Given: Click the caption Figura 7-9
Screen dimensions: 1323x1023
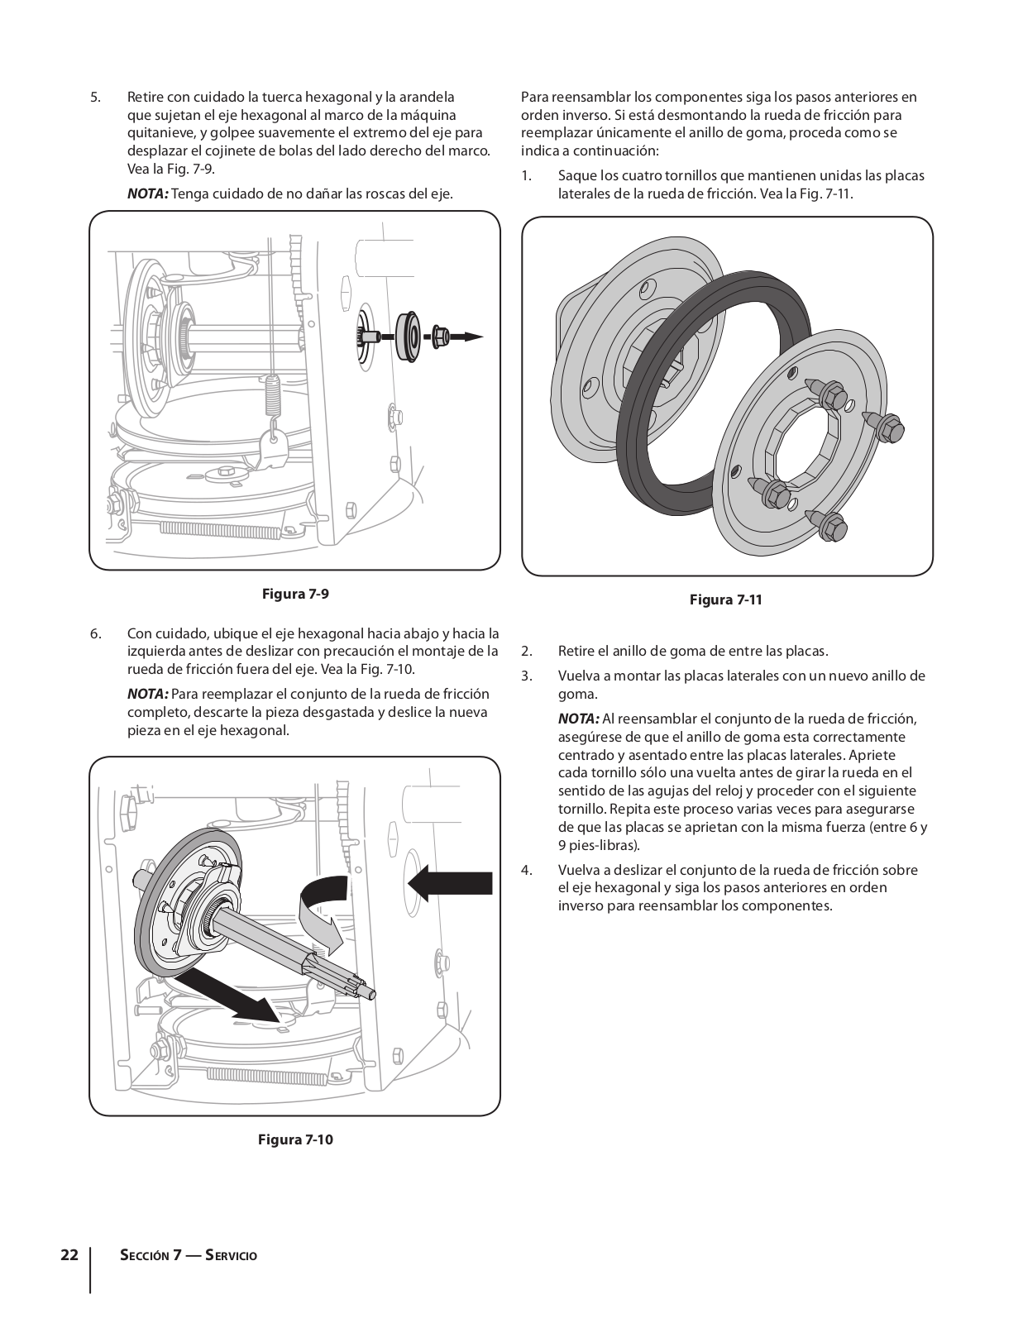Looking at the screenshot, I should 295,594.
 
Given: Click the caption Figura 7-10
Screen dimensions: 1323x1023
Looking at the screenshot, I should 295,1139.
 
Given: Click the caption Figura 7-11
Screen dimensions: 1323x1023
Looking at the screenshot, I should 725,599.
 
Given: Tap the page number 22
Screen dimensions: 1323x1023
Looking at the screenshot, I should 69,1255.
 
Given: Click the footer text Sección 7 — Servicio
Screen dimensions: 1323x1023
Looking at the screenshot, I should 189,1255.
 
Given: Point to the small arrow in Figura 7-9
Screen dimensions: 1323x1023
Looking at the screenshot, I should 467,337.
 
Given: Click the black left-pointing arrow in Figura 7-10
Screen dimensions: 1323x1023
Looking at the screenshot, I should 450,882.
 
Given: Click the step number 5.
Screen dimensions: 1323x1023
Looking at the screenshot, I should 95,98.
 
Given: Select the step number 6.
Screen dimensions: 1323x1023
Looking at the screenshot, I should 95,634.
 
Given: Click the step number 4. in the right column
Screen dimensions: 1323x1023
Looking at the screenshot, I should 527,870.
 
